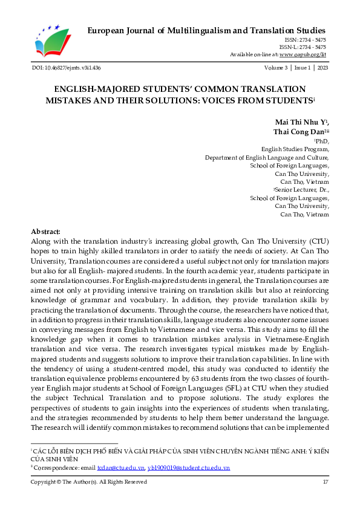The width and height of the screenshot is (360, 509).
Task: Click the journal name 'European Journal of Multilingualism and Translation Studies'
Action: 207,30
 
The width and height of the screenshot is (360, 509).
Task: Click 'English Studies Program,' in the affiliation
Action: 295,148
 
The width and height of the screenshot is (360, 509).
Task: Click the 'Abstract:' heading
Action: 46,232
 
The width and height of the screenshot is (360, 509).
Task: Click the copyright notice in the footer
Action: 89,482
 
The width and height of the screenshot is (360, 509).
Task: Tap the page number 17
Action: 325,482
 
